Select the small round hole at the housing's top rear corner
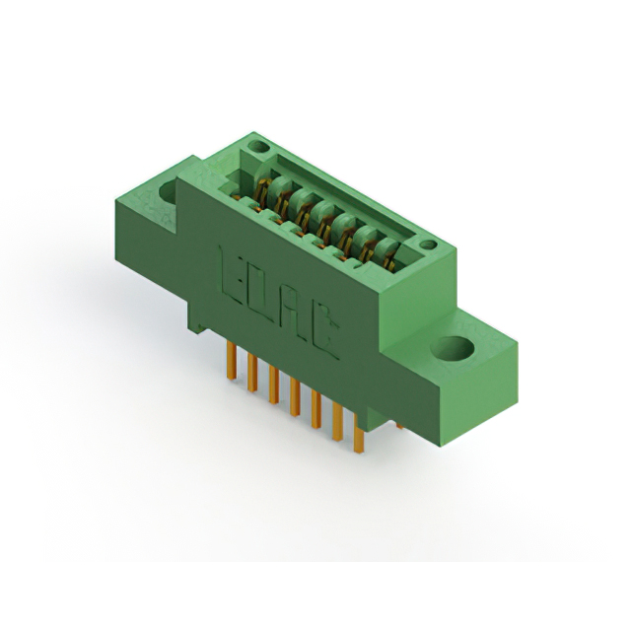[259, 147]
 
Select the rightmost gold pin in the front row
[358, 434]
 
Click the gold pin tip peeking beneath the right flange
[399, 425]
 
